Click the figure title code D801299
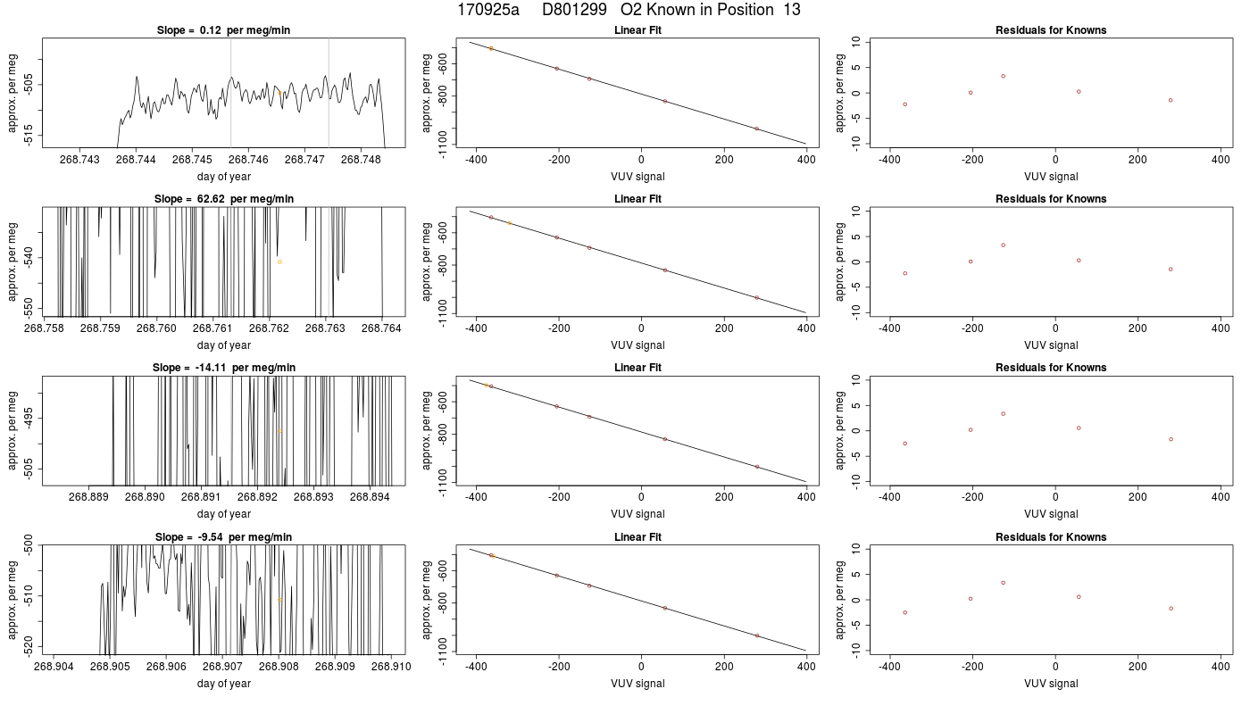574,10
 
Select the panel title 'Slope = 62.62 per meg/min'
224,199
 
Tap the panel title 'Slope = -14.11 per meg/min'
224,368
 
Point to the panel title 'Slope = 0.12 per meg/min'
224,30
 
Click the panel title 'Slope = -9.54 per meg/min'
224,537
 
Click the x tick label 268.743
79,160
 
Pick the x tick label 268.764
382,328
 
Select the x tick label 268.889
88,497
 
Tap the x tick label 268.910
391,667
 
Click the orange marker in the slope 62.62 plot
279,262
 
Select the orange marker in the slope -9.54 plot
279,600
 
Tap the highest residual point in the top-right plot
1003,77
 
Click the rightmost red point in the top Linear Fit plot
757,129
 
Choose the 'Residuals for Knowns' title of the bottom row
1051,537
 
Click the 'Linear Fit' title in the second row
637,199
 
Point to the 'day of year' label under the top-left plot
224,177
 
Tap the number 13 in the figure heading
792,10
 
